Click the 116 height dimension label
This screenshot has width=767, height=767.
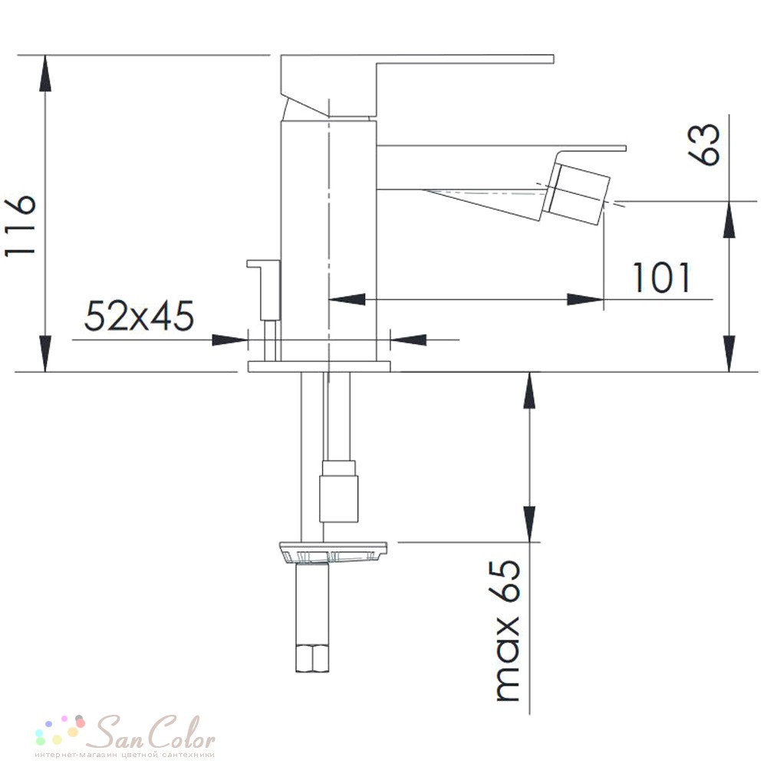(21, 225)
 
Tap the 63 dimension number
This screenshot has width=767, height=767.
(704, 145)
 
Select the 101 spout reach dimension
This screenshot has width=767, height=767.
(661, 278)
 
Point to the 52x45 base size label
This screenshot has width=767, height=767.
(140, 315)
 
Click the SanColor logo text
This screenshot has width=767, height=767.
(154, 732)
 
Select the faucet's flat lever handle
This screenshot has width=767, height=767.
(417, 85)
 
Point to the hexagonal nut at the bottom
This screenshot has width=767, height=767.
(312, 658)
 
